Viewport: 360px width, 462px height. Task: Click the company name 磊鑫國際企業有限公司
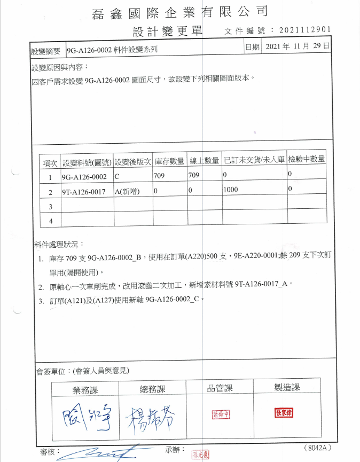(x=179, y=11)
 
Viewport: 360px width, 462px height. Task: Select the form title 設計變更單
(x=167, y=32)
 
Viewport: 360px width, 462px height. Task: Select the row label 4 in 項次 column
(x=51, y=220)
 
